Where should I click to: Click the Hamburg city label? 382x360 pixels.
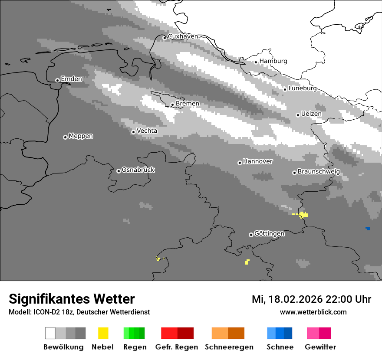pyautogui.click(x=273, y=61)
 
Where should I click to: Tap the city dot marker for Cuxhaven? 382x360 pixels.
pyautogui.click(x=165, y=38)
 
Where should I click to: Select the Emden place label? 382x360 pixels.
pyautogui.click(x=71, y=79)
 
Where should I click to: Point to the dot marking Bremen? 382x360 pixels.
pyautogui.click(x=172, y=105)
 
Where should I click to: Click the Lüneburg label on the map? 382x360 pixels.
pyautogui.click(x=302, y=88)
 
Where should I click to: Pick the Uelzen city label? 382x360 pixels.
pyautogui.click(x=311, y=114)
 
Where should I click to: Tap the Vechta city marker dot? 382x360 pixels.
pyautogui.click(x=133, y=132)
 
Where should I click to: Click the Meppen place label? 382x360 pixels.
pyautogui.click(x=81, y=136)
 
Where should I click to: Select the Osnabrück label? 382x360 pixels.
pyautogui.click(x=138, y=170)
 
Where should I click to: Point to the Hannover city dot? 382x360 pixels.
pyautogui.click(x=240, y=163)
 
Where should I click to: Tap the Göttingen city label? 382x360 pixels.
pyautogui.click(x=269, y=234)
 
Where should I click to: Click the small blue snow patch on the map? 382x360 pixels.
pyautogui.click(x=368, y=229)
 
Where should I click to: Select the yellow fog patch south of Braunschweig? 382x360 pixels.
pyautogui.click(x=303, y=214)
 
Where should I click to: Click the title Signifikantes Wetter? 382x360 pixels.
pyautogui.click(x=72, y=299)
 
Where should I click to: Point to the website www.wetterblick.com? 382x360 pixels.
pyautogui.click(x=313, y=312)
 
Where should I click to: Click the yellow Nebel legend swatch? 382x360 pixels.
pyautogui.click(x=103, y=333)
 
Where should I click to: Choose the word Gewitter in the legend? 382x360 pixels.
pyautogui.click(x=320, y=347)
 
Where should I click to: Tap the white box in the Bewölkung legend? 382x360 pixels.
pyautogui.click(x=50, y=333)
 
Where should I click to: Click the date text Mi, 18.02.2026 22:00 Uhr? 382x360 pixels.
pyautogui.click(x=311, y=299)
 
